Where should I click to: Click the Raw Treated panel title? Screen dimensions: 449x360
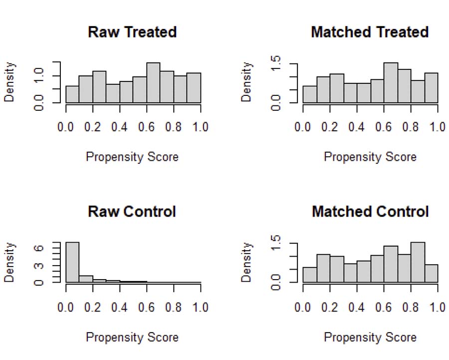pos(132,32)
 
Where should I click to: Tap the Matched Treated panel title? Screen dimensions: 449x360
pos(370,32)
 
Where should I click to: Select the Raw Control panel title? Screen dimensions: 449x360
pos(132,212)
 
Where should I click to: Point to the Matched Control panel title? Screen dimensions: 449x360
pos(370,212)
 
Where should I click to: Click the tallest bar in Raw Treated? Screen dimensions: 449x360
pos(153,82)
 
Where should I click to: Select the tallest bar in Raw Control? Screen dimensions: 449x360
pos(72,262)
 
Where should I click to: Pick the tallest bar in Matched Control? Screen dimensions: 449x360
pos(418,262)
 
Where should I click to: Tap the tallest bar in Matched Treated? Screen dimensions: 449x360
pos(391,82)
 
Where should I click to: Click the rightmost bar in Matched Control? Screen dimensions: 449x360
pos(431,274)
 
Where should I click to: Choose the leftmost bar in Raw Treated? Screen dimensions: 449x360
pos(72,94)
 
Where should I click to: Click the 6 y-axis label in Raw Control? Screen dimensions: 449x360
pos(38,248)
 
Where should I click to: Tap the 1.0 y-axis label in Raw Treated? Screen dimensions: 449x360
pos(38,76)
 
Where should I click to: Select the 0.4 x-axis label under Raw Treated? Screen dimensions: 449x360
pos(119,127)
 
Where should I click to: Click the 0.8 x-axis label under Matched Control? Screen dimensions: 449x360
pos(411,307)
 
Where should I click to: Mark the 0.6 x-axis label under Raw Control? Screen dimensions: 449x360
pos(146,307)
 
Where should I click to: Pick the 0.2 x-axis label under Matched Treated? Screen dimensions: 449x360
pos(330,127)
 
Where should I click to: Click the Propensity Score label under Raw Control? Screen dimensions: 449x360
pos(132,337)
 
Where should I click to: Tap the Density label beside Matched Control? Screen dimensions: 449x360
pos(246,262)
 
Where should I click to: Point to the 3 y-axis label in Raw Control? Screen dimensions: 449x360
pos(38,266)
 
